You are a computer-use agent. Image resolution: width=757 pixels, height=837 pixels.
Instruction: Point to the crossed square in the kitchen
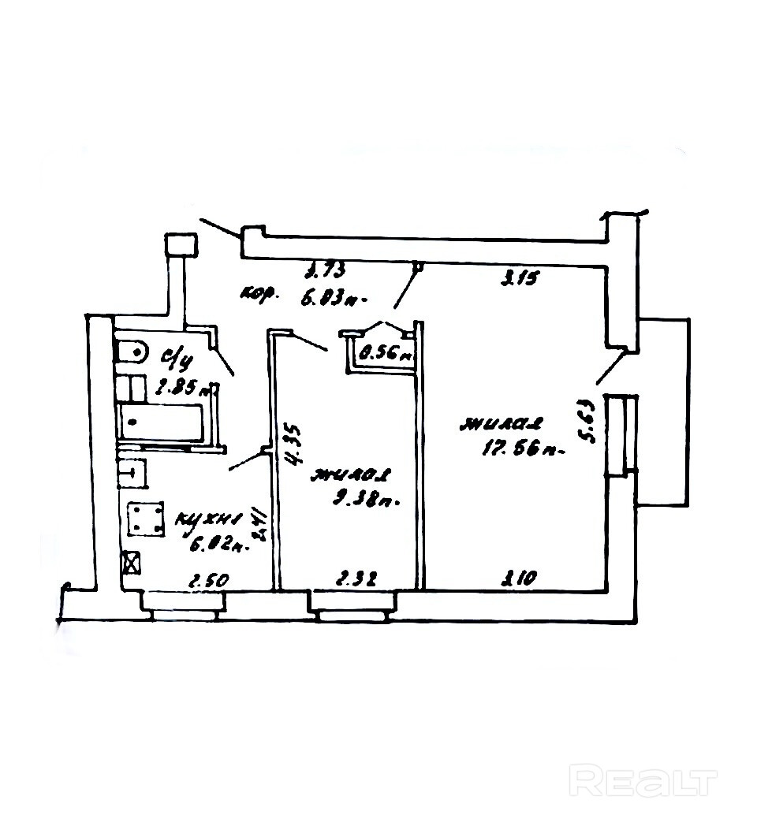coord(132,563)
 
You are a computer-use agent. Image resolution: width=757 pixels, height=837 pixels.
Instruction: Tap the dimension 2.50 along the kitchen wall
coord(208,581)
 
